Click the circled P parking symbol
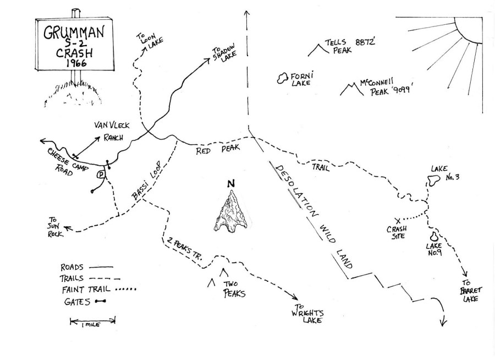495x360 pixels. coord(101,174)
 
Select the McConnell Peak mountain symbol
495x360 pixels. coord(351,89)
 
